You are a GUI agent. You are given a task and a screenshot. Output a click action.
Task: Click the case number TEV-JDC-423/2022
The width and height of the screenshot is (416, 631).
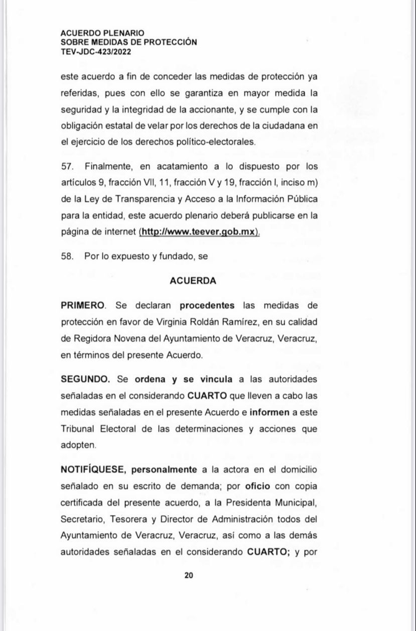pos(96,51)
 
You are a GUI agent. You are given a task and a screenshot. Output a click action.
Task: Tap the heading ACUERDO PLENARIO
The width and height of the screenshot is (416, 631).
pos(102,34)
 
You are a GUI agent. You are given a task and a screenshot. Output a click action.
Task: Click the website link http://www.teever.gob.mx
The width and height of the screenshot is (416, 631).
pos(199,232)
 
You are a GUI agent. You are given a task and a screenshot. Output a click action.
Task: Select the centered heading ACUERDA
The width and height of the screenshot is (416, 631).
pos(193,281)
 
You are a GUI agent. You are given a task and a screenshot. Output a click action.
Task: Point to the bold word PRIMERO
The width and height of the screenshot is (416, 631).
pos(83,305)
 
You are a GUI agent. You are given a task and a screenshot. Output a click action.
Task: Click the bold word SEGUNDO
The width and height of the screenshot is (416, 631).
pos(85,378)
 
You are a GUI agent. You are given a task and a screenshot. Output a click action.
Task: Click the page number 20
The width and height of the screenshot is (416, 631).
pos(189,576)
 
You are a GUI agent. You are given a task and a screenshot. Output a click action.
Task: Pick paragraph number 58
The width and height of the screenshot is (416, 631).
pos(67,256)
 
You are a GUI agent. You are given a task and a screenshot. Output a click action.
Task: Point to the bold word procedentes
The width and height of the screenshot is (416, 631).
pos(207,305)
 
